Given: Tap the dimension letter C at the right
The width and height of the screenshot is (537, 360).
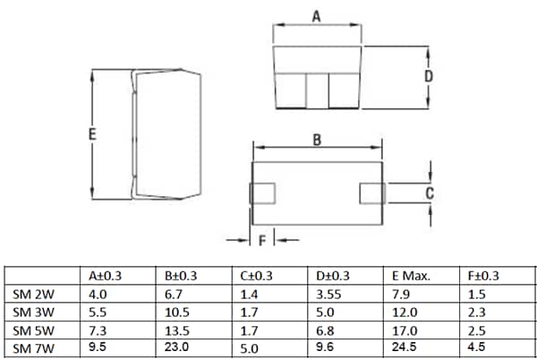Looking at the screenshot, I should click(430, 193).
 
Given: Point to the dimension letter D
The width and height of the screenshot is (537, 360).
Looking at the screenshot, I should click(429, 76).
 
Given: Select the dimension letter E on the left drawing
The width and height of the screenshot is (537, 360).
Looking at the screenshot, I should click(93, 134).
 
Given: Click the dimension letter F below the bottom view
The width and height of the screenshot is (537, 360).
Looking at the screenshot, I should click(261, 240).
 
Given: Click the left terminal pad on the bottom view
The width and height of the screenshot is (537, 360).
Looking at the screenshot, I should click(263, 193).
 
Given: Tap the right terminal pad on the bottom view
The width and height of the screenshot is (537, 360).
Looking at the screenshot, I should click(371, 193).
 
